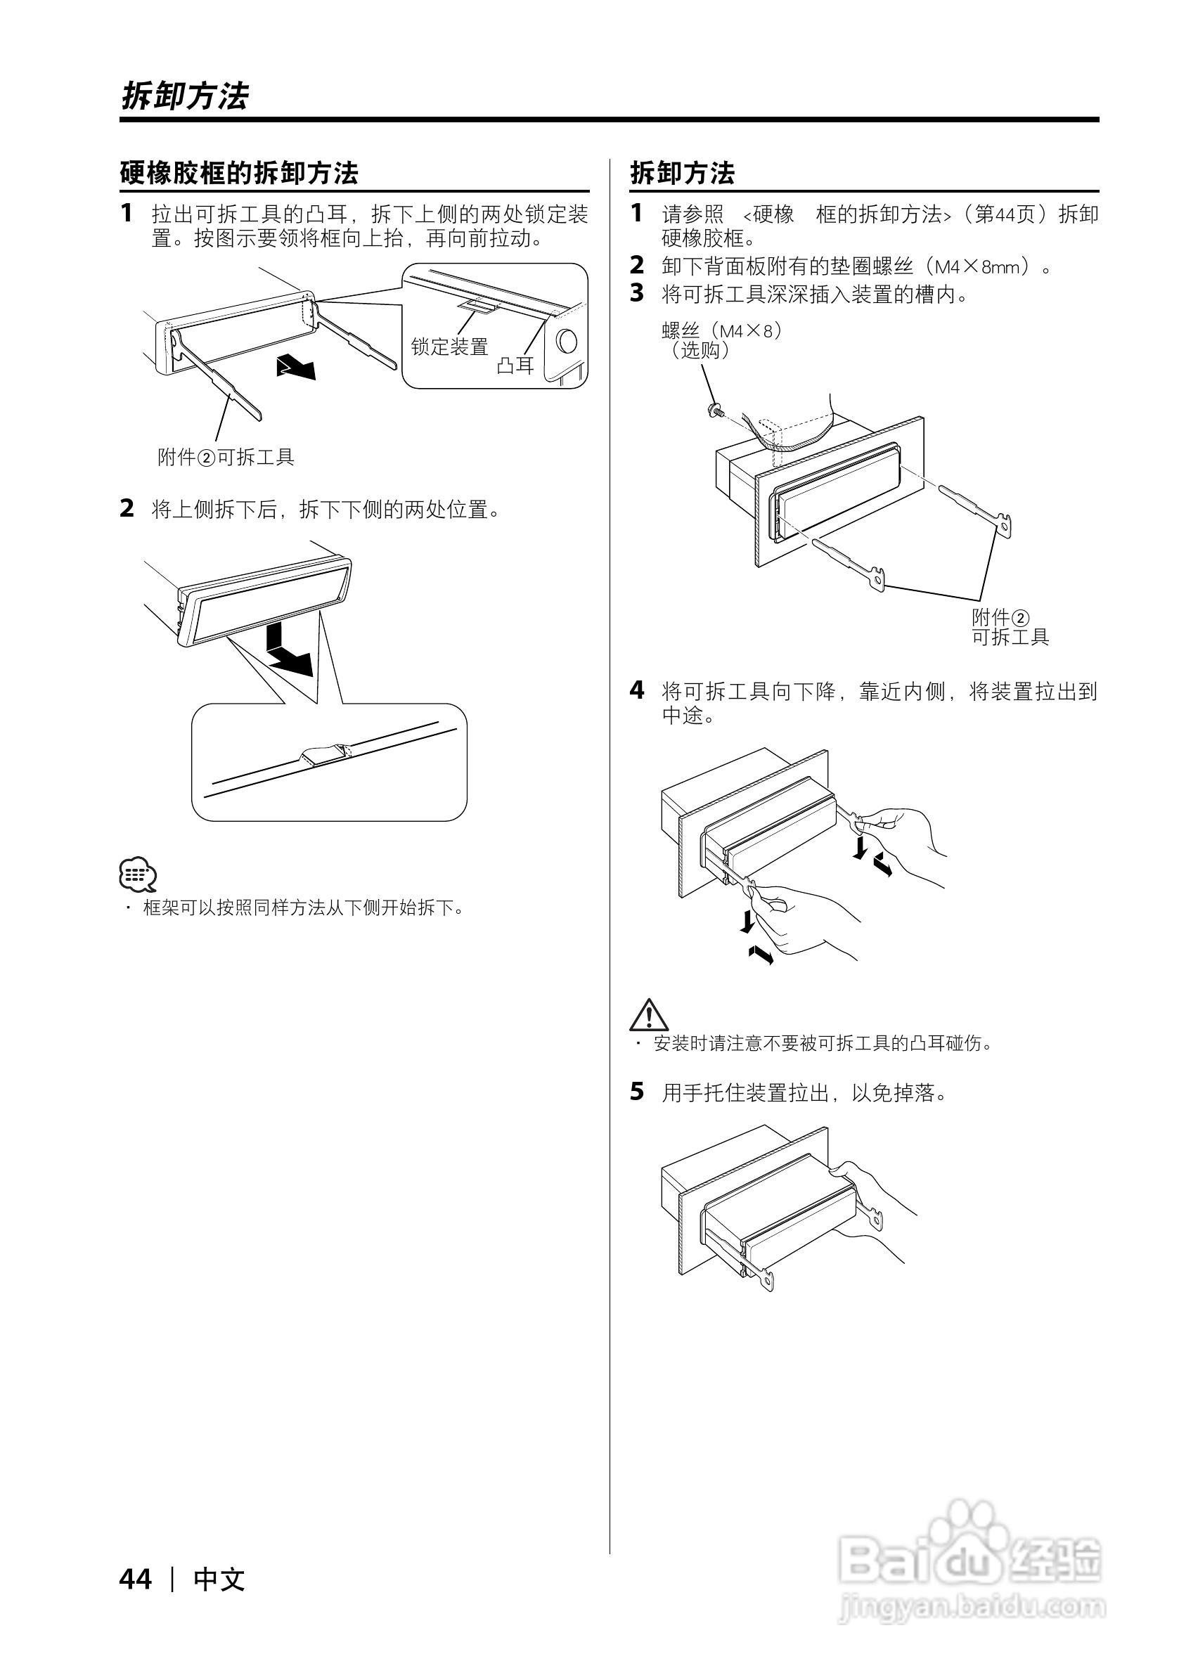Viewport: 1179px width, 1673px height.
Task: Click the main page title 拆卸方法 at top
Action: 184,96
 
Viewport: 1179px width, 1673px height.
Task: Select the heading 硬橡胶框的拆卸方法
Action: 239,174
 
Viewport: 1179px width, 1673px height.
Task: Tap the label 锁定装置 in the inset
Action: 449,347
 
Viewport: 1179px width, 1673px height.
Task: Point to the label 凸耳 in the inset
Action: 515,365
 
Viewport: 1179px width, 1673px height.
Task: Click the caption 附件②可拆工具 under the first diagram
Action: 226,458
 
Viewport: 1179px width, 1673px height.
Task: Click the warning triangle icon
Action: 648,1014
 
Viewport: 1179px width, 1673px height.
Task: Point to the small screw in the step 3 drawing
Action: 714,411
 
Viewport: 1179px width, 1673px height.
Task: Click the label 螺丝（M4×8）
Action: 721,331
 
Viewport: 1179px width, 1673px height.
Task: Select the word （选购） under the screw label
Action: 700,351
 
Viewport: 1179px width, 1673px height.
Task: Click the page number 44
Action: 136,1580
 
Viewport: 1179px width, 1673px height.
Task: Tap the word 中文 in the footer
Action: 219,1580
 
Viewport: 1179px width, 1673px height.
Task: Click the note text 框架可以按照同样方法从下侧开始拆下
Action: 303,908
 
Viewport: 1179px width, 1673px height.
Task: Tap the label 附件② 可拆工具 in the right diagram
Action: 1010,627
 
